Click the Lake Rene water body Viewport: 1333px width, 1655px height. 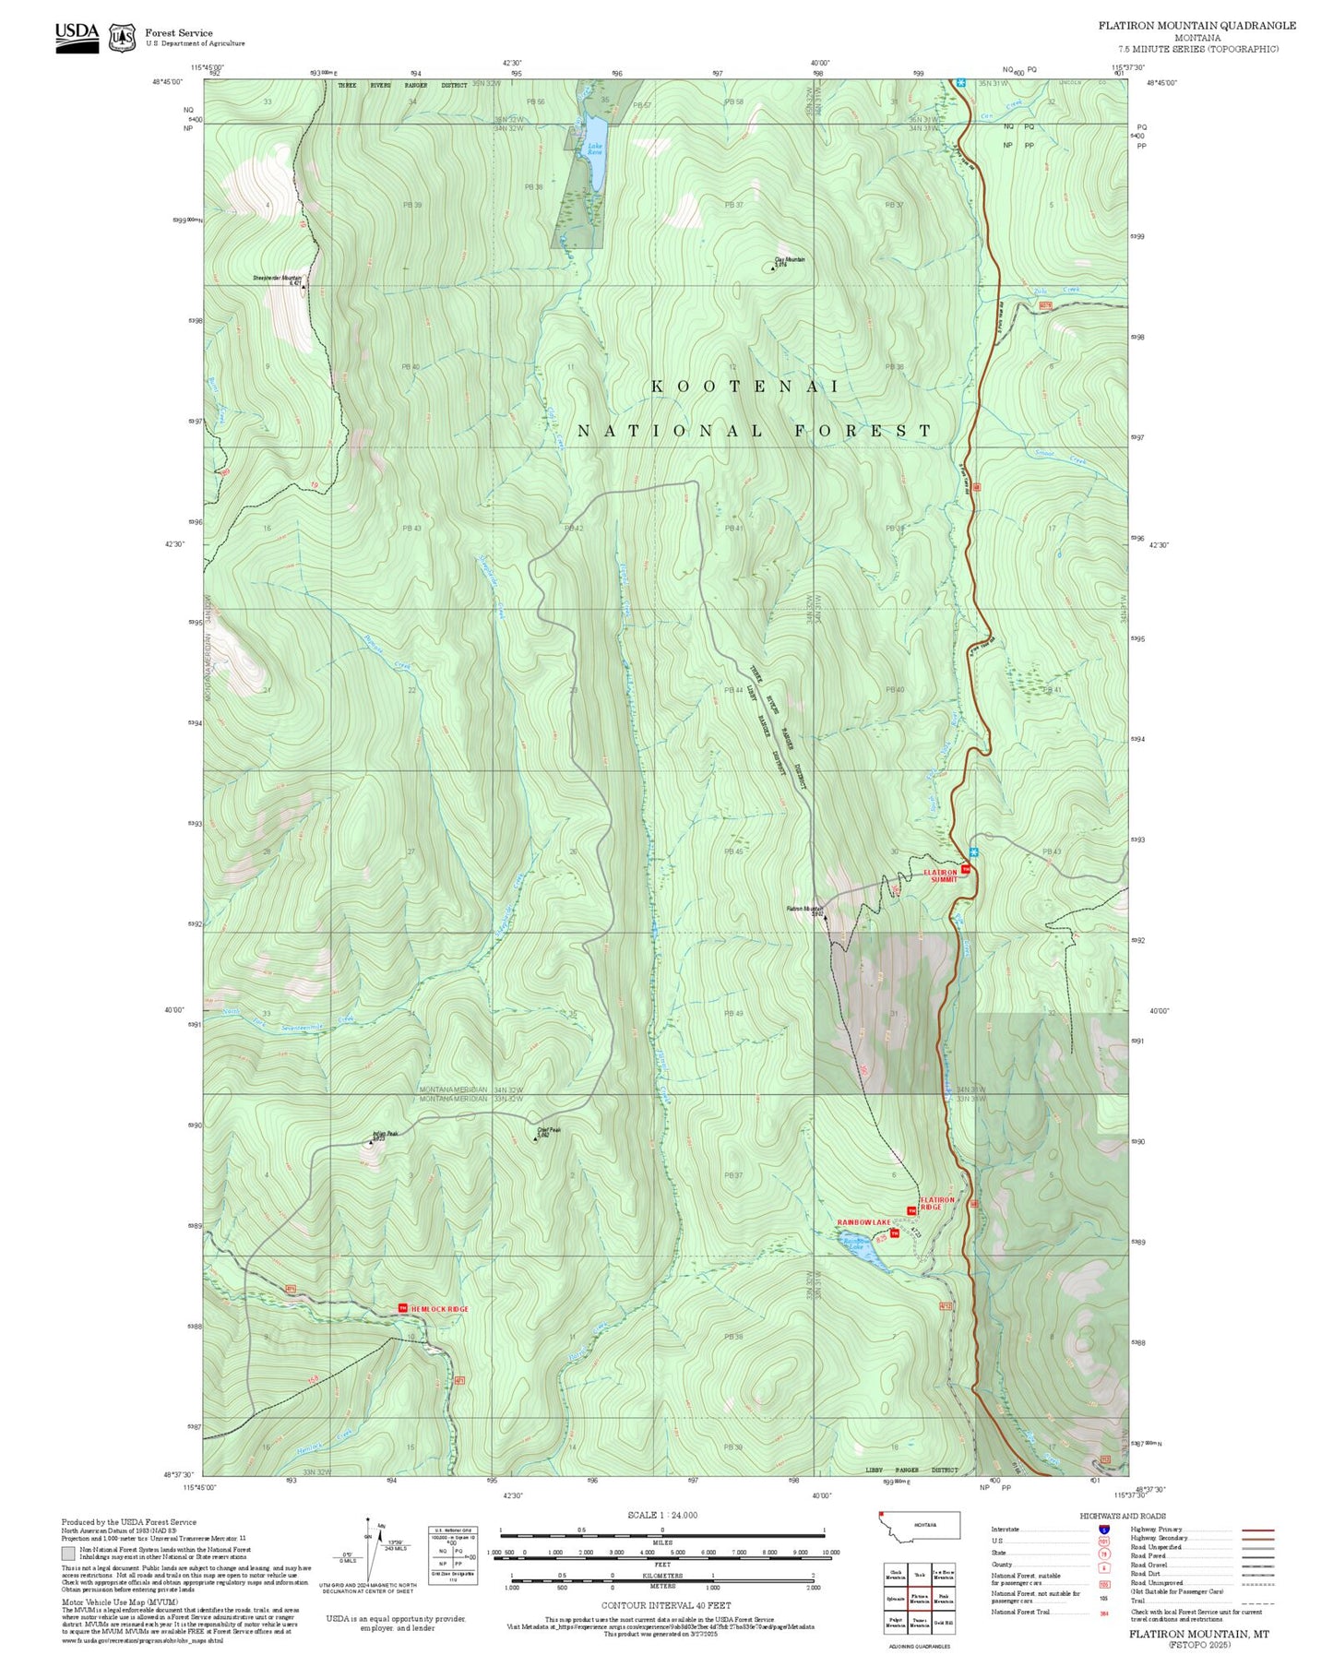click(596, 153)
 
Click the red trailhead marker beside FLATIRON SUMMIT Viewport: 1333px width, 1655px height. click(966, 869)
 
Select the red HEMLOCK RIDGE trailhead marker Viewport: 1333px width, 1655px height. click(402, 1308)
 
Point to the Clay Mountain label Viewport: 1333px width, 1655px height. click(790, 260)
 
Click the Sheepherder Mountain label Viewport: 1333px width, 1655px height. click(277, 279)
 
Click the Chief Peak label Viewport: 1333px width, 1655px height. click(549, 1130)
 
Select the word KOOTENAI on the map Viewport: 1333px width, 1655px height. click(745, 387)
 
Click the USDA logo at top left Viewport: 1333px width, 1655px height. click(77, 33)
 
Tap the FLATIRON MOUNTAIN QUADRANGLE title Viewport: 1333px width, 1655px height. click(1196, 26)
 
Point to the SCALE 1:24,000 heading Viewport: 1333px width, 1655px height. click(662, 1515)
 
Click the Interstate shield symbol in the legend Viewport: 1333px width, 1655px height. click(1103, 1530)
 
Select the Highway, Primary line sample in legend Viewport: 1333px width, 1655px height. click(1257, 1530)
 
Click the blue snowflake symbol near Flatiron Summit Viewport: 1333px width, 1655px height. click(974, 851)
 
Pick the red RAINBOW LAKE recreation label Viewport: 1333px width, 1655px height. click(863, 1222)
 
